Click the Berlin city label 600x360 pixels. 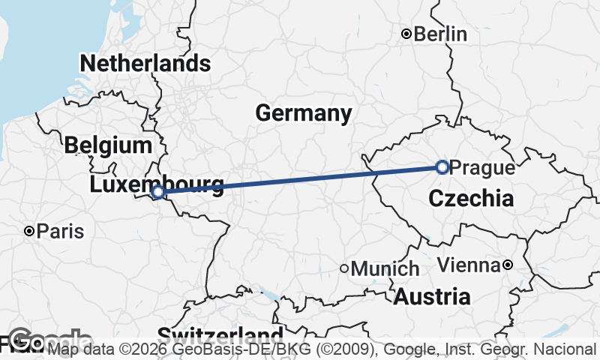click(440, 34)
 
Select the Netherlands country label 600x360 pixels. click(145, 63)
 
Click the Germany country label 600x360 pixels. click(303, 113)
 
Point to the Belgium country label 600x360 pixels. click(108, 145)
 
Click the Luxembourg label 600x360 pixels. click(156, 184)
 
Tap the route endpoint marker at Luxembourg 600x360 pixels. click(158, 193)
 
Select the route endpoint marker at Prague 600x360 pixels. click(442, 167)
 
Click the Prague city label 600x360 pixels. click(484, 168)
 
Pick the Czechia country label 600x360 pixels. click(471, 199)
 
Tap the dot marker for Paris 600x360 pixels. click(29, 231)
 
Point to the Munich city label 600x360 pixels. click(385, 268)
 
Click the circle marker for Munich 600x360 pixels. click(344, 268)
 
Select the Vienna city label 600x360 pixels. click(468, 265)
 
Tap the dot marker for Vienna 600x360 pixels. click(508, 265)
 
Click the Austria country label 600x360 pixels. click(432, 296)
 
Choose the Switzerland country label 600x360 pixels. click(220, 335)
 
